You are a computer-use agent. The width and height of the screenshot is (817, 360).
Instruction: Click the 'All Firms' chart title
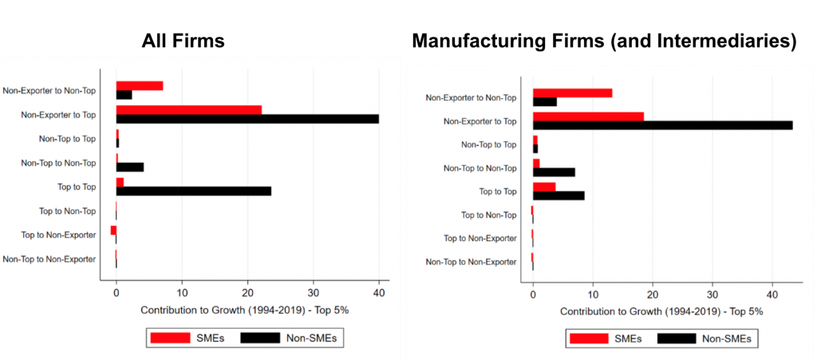184,41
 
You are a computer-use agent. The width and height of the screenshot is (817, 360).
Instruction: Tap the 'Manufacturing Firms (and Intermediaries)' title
604,41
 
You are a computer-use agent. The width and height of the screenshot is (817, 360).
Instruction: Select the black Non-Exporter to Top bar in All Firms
247,119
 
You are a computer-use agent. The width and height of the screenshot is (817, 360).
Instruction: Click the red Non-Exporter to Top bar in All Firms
189,109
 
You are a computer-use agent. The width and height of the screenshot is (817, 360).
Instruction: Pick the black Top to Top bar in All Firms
194,191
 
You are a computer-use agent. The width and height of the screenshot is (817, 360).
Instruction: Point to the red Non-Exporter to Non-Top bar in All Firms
140,85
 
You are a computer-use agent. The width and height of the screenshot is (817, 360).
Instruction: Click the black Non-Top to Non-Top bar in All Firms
130,167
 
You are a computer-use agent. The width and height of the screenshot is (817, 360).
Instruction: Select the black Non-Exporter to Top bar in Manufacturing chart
662,125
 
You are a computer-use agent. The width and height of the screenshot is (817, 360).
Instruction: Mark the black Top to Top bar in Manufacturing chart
558,196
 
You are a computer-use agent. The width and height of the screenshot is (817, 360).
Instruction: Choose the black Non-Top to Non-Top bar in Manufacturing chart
554,172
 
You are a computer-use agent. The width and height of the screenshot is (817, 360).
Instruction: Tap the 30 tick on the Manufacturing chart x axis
712,295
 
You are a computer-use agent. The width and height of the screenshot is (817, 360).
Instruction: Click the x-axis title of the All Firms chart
248,309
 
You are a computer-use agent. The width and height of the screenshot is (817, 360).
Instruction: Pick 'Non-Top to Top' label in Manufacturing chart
489,144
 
